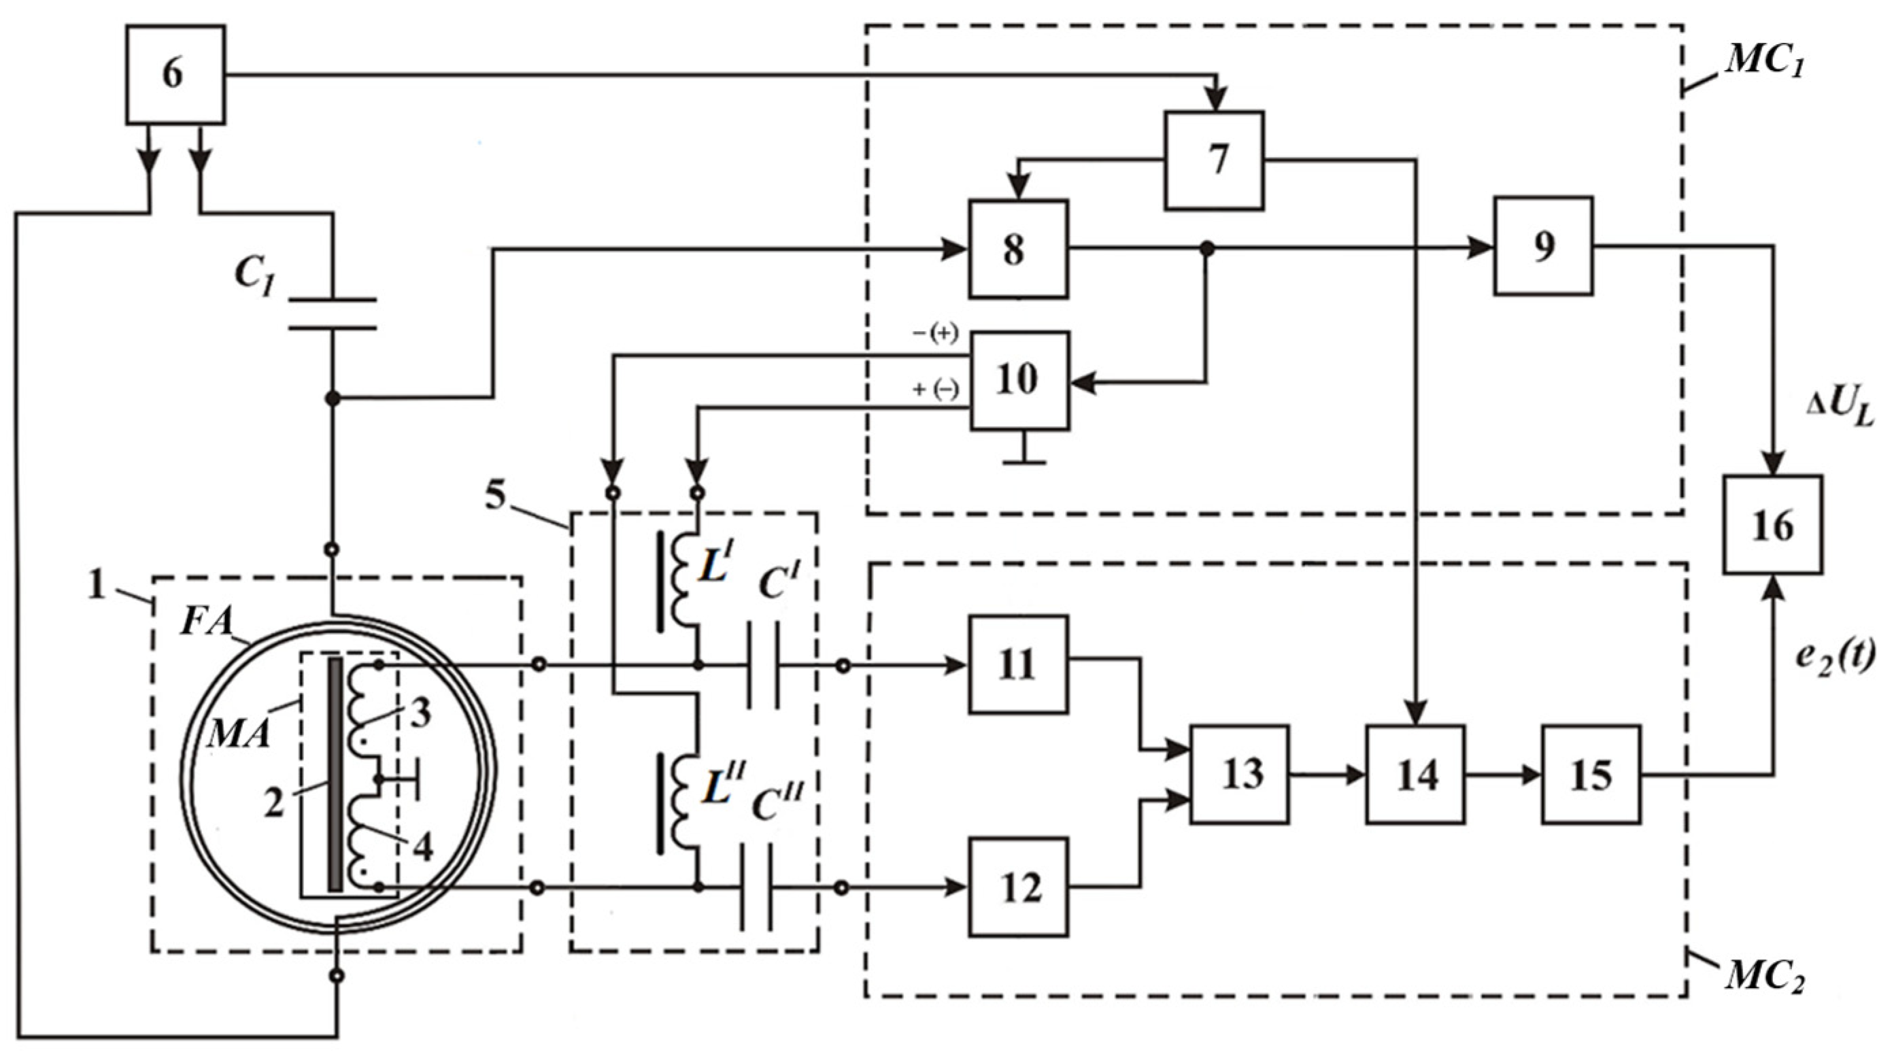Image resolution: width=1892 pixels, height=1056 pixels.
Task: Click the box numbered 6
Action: pyautogui.click(x=175, y=74)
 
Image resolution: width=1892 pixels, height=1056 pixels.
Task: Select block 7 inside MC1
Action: pyautogui.click(x=1213, y=160)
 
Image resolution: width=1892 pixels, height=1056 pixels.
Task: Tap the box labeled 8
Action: pyautogui.click(x=1017, y=249)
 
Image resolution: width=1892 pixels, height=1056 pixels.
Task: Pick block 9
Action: pyautogui.click(x=1542, y=246)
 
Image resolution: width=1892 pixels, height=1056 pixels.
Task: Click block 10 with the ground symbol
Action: pyautogui.click(x=1019, y=380)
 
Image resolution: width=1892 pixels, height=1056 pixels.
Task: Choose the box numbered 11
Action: pyautogui.click(x=1018, y=664)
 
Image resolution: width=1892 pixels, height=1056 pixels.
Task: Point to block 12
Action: pyautogui.click(x=1018, y=887)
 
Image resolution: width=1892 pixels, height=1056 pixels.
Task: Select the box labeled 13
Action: pyautogui.click(x=1239, y=774)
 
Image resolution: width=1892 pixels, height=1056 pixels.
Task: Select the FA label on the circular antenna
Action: pyautogui.click(x=205, y=623)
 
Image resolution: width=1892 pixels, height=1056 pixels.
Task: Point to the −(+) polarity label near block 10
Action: pyautogui.click(x=935, y=334)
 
